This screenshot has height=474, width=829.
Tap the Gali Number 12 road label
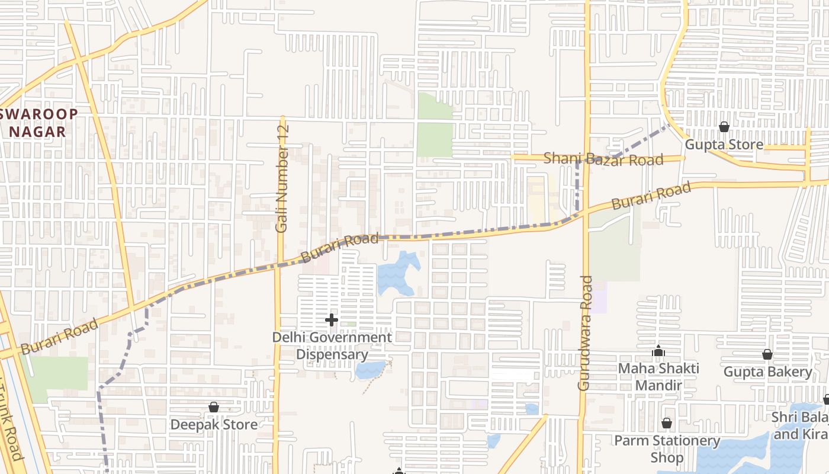coord(282,178)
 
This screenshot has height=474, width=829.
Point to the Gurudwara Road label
coord(585,332)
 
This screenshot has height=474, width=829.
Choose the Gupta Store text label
coord(724,145)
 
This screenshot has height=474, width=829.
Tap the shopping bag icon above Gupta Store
coord(724,127)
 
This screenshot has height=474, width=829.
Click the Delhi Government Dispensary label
coord(332,346)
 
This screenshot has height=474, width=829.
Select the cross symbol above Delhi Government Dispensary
coord(332,320)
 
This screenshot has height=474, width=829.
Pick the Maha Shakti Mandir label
coord(658,376)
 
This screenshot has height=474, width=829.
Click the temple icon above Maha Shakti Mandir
coord(658,351)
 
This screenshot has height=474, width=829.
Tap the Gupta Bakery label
coord(767,372)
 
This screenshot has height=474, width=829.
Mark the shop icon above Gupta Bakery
coord(767,354)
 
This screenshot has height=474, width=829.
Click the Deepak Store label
coord(214,425)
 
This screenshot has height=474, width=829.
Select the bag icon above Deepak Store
coord(214,407)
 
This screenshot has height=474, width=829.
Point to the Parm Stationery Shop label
coord(667,449)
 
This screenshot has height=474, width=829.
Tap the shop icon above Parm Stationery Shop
coord(667,423)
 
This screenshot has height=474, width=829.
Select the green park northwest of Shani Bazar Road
coord(435,124)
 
